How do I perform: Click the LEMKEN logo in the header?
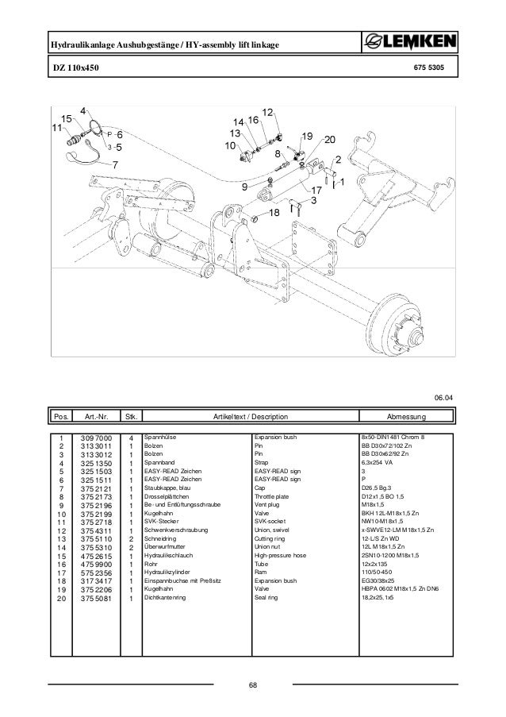pos(409,43)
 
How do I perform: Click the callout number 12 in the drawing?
pos(267,113)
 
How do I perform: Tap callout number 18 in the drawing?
pos(274,214)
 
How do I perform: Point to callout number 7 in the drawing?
pos(115,165)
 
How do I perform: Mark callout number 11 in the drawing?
pos(56,127)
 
